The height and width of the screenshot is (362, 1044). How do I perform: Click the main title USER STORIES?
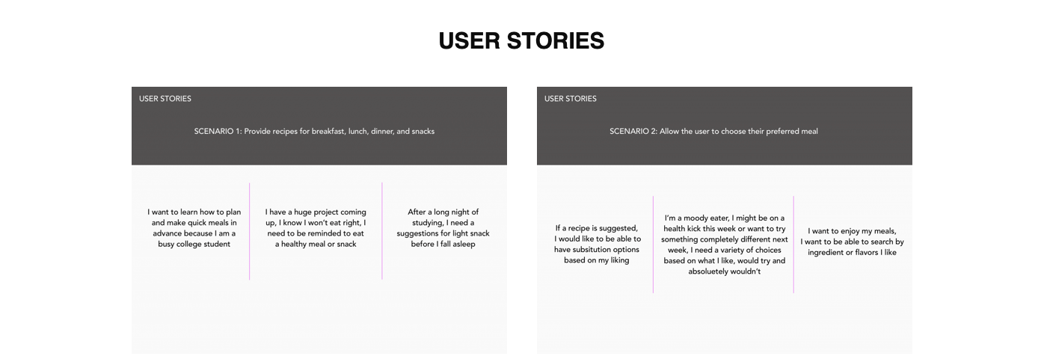tap(521, 40)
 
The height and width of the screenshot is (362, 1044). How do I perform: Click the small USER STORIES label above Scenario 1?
tap(165, 99)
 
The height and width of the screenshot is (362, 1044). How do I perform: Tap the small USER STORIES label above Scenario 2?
tap(571, 99)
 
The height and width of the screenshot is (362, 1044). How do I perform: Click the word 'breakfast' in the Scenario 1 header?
tap(328, 132)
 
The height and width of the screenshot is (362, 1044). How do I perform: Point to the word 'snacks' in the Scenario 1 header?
tap(423, 132)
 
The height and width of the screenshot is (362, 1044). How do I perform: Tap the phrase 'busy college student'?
tap(194, 244)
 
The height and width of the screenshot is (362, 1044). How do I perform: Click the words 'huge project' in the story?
tap(316, 212)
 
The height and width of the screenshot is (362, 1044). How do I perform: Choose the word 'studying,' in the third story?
tap(427, 223)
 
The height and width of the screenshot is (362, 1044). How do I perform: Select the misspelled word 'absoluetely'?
tap(708, 271)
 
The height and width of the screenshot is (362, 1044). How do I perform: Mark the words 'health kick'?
tap(685, 229)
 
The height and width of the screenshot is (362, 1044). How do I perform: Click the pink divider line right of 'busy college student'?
tap(249, 231)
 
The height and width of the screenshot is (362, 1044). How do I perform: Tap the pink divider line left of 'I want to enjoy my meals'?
tap(793, 245)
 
